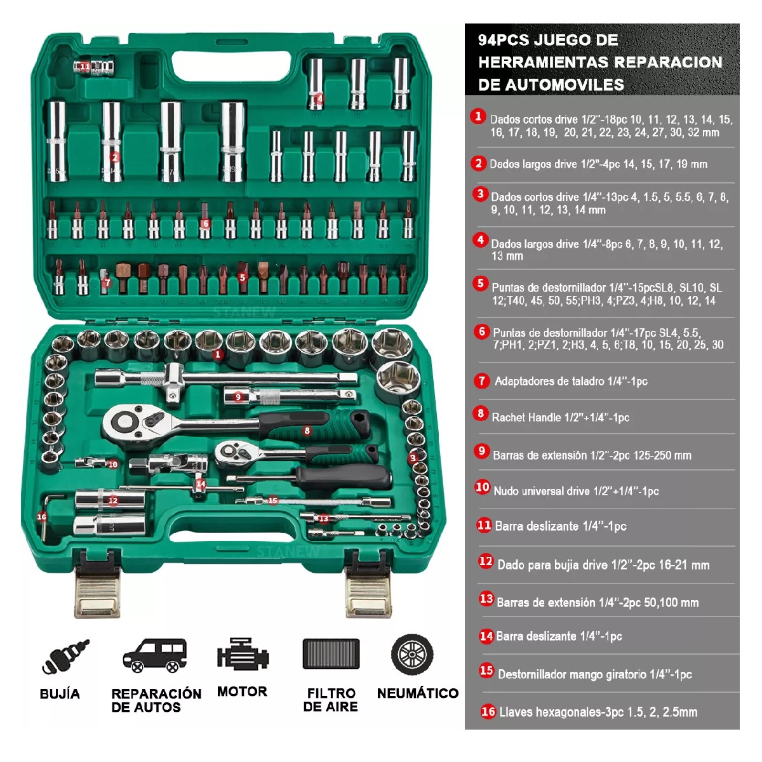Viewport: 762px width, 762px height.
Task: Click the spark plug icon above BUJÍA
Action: click(x=65, y=657)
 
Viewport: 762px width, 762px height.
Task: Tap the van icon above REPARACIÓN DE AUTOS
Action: click(x=154, y=655)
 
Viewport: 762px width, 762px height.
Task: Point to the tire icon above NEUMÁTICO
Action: click(x=412, y=654)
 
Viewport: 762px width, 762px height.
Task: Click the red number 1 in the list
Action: click(x=478, y=116)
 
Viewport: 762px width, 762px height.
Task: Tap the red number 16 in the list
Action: click(x=488, y=712)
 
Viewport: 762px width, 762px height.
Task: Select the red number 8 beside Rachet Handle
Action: click(x=481, y=413)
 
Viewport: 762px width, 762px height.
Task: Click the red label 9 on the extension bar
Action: click(x=237, y=397)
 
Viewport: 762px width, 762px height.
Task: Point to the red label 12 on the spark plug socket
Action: click(x=112, y=500)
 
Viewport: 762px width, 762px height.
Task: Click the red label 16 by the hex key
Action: click(x=41, y=517)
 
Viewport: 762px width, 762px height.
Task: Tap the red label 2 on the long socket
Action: click(x=115, y=157)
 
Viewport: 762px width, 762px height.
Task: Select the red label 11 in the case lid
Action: click(x=84, y=67)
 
